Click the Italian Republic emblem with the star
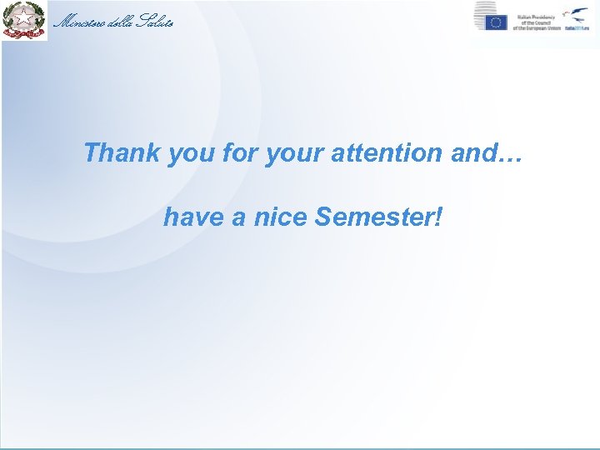pos(24,21)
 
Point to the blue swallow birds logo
pos(577,14)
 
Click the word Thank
pos(122,153)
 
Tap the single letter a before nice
pos(238,219)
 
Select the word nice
pos(280,217)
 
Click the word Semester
pos(372,217)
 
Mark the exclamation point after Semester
pos(438,217)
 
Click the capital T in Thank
pos(91,153)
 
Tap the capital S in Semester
pos(323,217)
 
